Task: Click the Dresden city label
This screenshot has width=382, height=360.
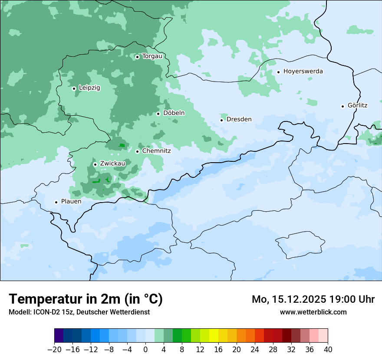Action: (x=239, y=119)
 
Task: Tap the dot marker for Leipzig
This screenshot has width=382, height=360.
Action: (x=74, y=88)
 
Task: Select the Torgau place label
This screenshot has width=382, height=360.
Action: (x=152, y=56)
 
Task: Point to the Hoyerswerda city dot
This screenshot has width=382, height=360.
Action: (x=278, y=72)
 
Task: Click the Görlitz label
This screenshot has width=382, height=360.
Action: (x=357, y=105)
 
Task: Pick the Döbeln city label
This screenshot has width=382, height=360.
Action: (x=174, y=113)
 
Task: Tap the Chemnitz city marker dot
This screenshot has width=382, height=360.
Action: (x=137, y=152)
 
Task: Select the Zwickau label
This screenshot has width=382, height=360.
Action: (x=112, y=164)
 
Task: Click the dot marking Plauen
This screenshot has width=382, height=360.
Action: (x=56, y=202)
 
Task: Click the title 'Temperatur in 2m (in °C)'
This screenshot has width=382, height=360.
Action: (x=86, y=299)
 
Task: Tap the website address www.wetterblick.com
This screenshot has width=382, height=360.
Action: (x=313, y=312)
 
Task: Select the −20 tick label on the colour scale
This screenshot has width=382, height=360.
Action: (x=54, y=349)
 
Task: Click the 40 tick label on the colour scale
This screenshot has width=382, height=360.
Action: (x=328, y=349)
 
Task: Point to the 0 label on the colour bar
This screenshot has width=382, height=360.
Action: (x=145, y=349)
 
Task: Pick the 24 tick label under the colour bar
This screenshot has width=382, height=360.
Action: (x=255, y=349)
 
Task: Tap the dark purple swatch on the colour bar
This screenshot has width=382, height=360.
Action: (x=59, y=336)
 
